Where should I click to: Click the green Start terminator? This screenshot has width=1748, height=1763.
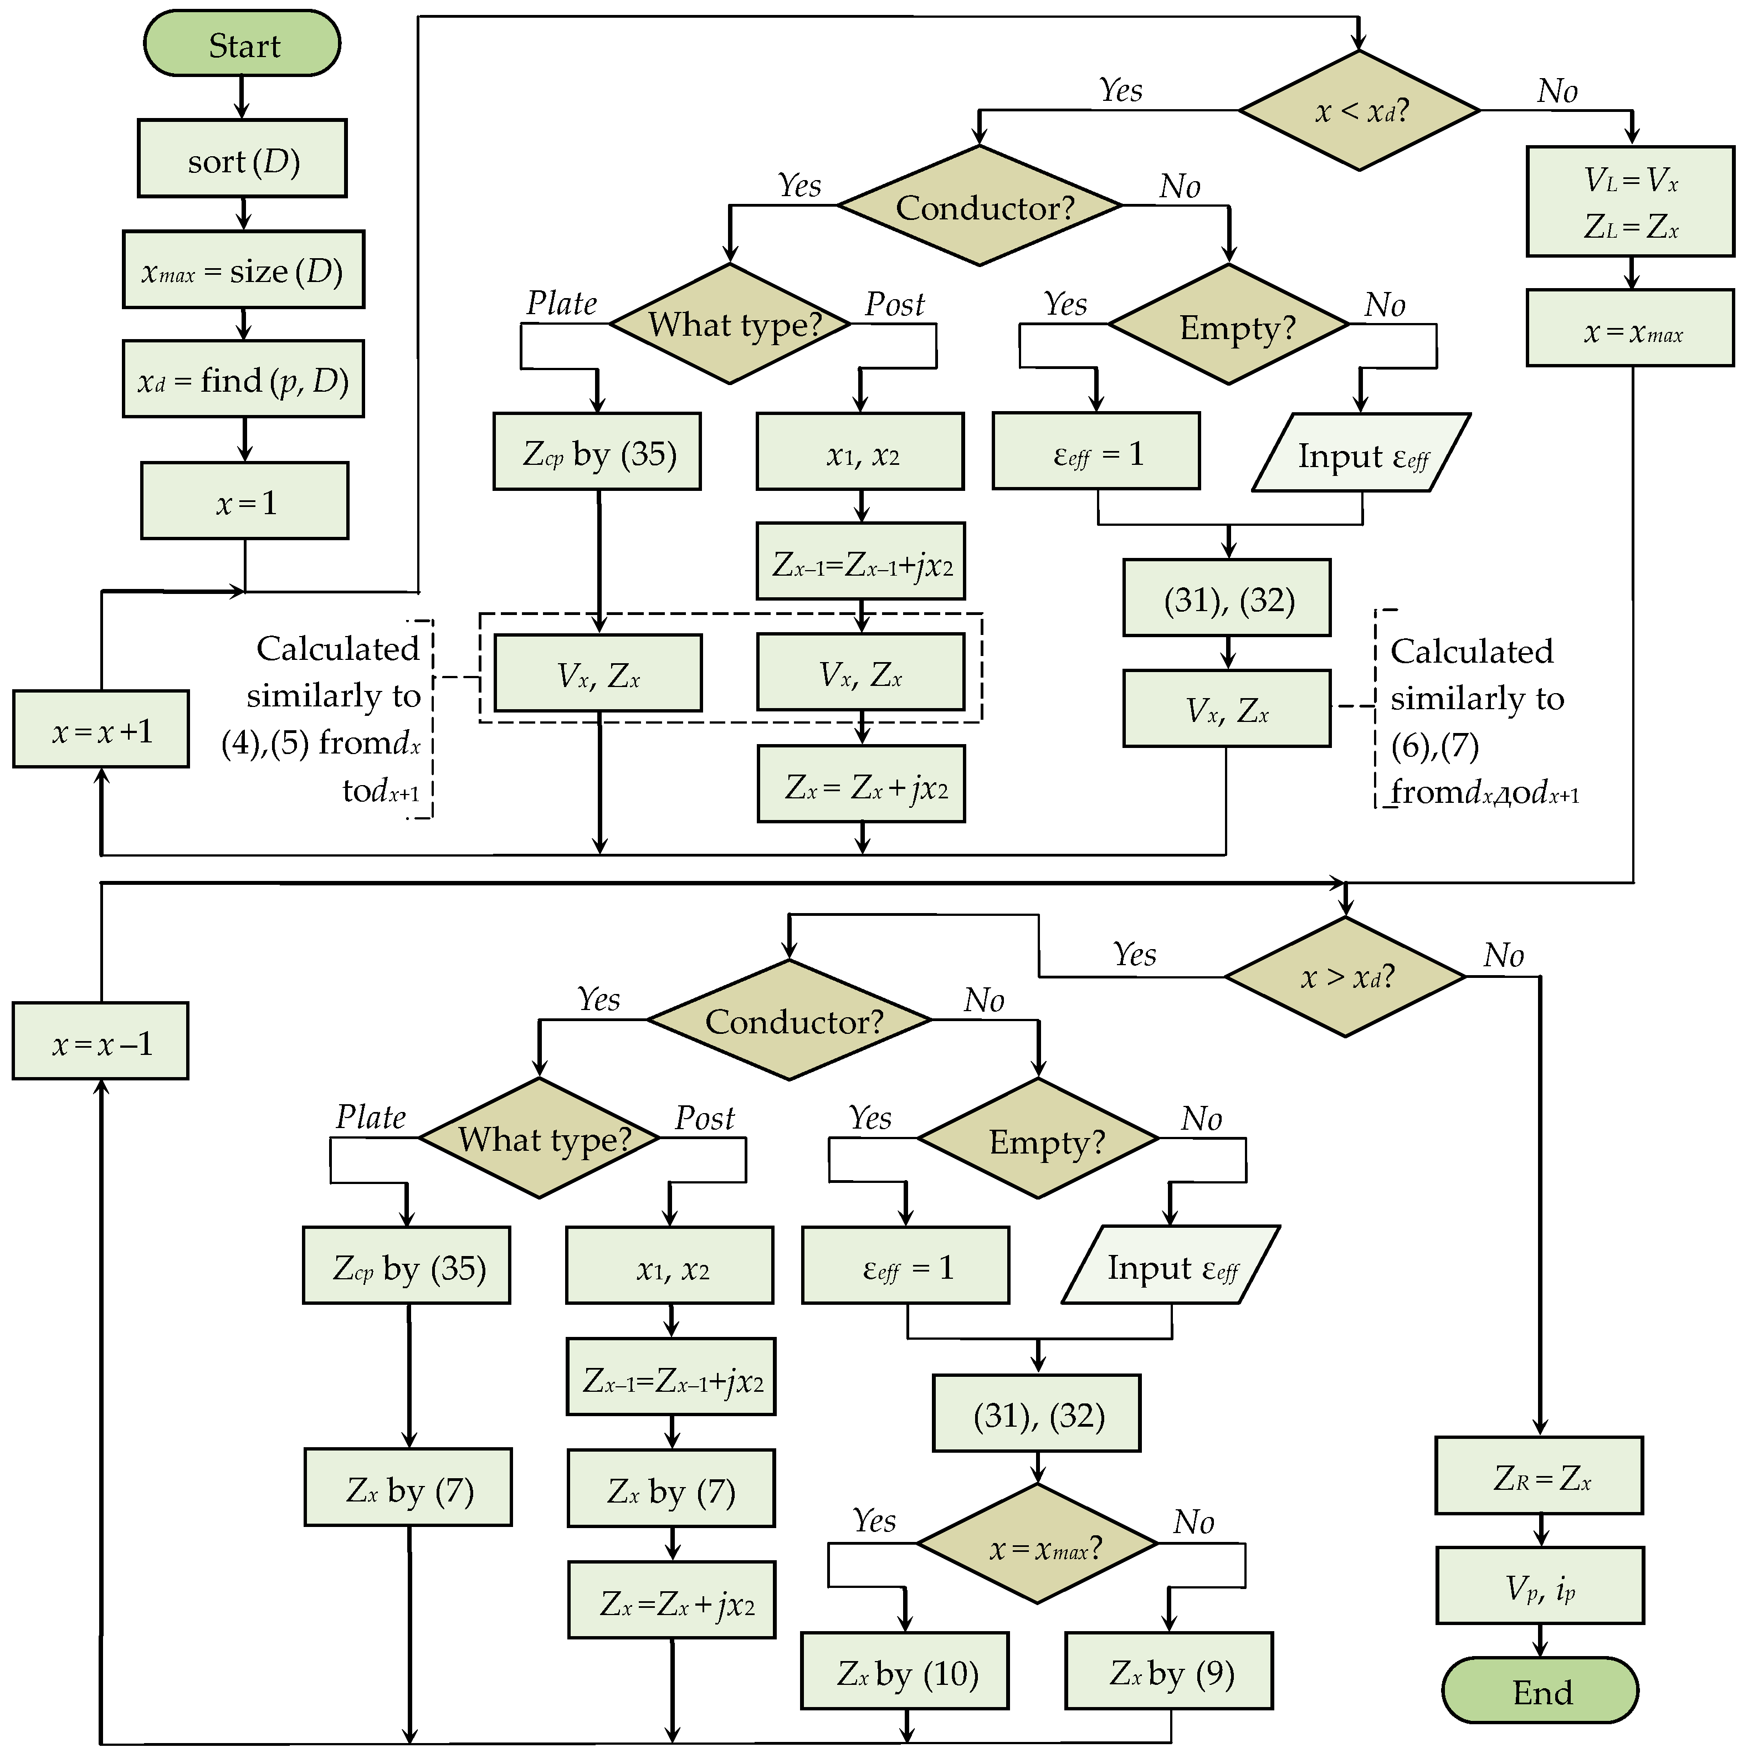(242, 44)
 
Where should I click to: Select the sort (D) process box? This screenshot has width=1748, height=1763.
(242, 159)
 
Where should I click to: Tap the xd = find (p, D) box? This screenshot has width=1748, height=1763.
(244, 380)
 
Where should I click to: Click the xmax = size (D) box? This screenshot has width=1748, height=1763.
(244, 270)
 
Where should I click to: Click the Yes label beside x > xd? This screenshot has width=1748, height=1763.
(1134, 955)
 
